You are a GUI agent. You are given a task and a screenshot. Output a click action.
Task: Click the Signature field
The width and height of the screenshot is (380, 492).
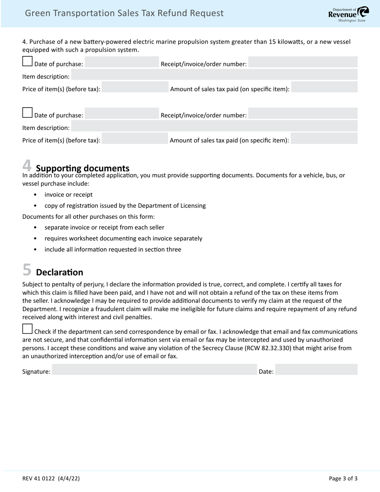[x=154, y=370]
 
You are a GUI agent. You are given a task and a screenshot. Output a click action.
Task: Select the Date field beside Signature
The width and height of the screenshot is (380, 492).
[x=316, y=370]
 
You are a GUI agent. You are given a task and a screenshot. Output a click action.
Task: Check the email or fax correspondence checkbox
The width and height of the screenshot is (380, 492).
[x=27, y=329]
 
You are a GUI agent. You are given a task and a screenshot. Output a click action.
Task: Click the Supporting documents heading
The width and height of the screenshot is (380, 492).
[x=82, y=168]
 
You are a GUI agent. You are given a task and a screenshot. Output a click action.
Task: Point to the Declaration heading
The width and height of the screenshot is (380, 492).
[x=60, y=272]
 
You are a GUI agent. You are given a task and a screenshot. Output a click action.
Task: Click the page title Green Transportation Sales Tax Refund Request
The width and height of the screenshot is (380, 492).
[x=124, y=13]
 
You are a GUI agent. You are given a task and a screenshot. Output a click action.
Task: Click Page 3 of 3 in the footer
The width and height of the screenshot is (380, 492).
[x=343, y=478]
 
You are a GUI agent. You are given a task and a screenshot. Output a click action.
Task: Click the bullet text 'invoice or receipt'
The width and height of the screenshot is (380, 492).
[x=68, y=195]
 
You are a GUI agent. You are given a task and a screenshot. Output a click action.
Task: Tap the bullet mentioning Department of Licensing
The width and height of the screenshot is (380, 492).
[x=125, y=206]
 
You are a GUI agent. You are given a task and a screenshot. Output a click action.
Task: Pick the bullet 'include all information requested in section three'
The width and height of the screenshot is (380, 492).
[x=113, y=250]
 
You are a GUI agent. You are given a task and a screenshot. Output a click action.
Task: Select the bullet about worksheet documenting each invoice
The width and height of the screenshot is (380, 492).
[x=123, y=238]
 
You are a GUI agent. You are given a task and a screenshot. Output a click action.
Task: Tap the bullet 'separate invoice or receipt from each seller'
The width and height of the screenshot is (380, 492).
[x=104, y=228]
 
